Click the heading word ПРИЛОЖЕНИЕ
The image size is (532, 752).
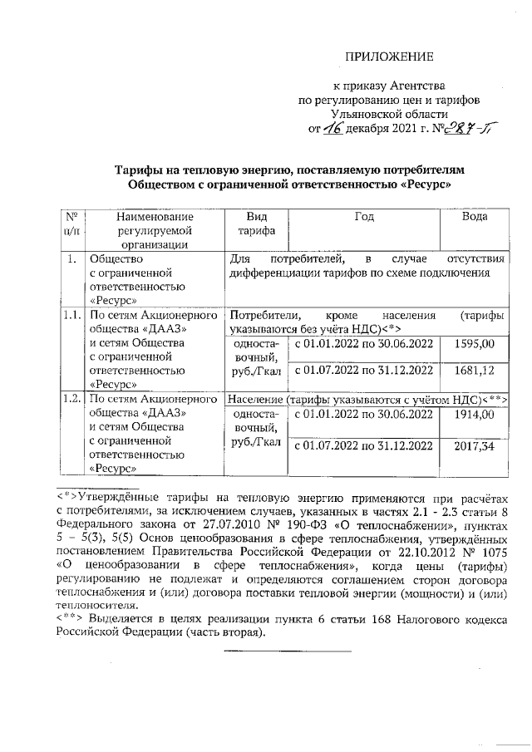(390, 57)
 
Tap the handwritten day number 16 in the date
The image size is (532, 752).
(333, 129)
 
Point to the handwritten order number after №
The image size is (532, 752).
(446, 128)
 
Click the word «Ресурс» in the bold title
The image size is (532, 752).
(425, 183)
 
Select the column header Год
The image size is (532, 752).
(363, 216)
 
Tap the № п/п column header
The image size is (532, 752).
(71, 223)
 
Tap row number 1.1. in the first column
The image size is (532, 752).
(71, 316)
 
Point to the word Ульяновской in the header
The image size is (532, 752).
(389, 114)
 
